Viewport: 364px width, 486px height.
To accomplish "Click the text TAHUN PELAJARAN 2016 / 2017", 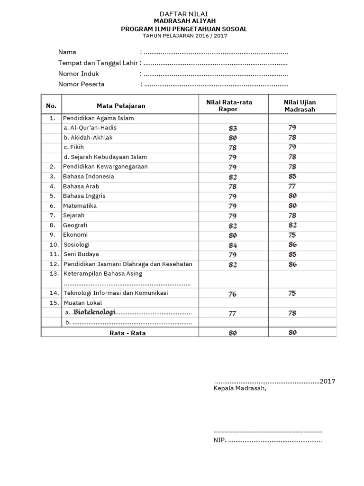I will point(183,36).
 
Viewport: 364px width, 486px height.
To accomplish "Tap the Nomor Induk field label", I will point(79,74).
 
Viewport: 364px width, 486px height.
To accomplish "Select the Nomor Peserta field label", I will point(82,84).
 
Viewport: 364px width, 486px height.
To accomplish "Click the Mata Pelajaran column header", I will point(121,106).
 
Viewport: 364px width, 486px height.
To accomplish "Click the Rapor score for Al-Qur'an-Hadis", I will point(232,128).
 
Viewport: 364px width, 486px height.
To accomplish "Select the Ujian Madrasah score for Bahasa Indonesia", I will point(292,177).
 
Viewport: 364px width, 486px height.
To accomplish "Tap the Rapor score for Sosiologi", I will point(232,245).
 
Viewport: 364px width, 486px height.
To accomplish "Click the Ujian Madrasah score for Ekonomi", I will point(292,235).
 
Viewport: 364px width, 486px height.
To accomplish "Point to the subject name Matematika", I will point(80,206).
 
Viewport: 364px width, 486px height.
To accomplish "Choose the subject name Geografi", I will point(75,225).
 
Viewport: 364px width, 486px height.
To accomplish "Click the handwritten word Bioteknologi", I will point(94,312).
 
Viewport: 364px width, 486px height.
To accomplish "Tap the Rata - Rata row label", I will point(127,333).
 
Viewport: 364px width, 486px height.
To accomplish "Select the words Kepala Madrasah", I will point(240,389).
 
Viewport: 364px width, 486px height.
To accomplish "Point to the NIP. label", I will point(220,440).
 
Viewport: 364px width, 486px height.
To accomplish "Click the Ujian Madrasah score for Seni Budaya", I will point(292,254).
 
